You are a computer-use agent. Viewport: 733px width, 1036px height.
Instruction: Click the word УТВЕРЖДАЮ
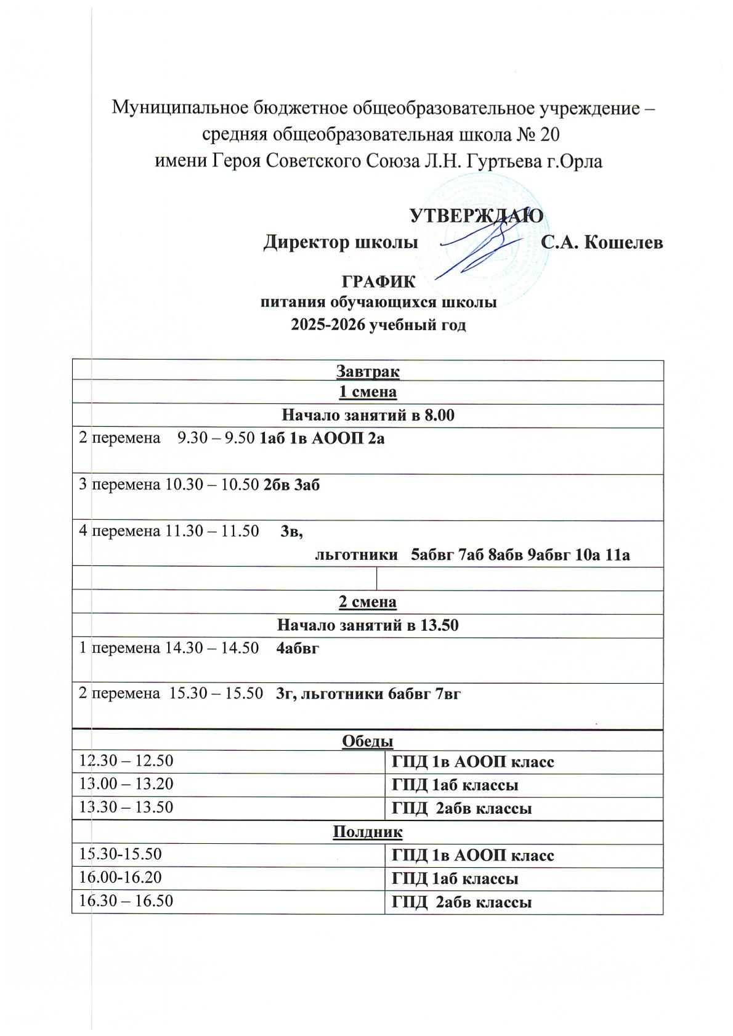[476, 216]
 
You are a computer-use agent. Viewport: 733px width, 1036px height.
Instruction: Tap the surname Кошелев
[623, 243]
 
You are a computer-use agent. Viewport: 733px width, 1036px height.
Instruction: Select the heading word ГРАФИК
[378, 282]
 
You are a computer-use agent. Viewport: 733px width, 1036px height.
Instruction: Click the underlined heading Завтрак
[368, 371]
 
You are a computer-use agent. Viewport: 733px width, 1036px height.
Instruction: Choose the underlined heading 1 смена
[368, 392]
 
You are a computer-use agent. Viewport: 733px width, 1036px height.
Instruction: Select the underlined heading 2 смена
[368, 602]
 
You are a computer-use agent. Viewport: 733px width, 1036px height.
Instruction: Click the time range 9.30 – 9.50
[216, 439]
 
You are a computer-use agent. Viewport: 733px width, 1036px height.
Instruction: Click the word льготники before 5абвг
[356, 556]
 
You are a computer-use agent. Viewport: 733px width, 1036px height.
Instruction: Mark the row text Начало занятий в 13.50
[368, 625]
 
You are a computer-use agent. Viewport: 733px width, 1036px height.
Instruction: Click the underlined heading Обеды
[368, 741]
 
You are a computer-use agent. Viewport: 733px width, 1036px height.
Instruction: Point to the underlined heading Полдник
[368, 833]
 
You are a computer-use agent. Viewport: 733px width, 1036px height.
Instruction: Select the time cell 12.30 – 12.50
[126, 761]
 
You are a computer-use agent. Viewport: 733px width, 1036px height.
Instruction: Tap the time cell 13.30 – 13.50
[126, 807]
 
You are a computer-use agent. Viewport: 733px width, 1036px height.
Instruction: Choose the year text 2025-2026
[327, 325]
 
